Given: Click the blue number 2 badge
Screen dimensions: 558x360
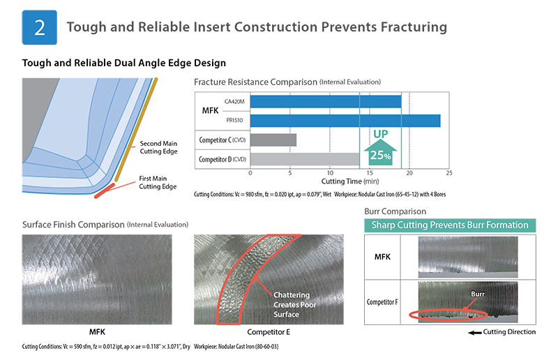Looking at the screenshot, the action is tap(40, 27).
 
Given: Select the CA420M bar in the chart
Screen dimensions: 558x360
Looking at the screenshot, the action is tap(326, 101).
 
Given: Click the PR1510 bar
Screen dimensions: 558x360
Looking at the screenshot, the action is tap(345, 121).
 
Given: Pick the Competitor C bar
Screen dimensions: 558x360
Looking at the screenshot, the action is tap(273, 140).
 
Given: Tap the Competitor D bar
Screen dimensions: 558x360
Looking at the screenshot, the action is tap(305, 159).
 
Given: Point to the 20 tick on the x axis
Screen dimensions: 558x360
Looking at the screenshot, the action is tap(409, 173).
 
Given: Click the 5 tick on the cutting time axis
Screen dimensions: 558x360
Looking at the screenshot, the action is tap(290, 173).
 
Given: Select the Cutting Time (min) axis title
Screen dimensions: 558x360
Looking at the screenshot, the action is tap(350, 181).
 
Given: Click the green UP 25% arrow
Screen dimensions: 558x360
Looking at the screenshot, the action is tap(380, 151).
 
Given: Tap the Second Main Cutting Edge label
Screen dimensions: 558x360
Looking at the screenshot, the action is tap(158, 147).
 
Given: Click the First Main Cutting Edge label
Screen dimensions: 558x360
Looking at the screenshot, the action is tap(158, 182).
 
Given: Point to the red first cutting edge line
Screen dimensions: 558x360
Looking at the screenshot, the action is tap(104, 191).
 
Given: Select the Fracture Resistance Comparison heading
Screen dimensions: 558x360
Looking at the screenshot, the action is tap(287, 82).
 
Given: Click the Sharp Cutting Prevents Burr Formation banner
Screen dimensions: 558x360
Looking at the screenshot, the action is tap(450, 225).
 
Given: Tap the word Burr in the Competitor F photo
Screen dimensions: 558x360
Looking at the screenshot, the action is tap(478, 294).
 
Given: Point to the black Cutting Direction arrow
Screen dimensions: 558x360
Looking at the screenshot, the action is tap(475, 333).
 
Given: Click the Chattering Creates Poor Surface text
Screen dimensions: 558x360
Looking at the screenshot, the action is tap(295, 305).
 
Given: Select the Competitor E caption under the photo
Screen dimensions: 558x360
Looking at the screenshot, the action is tap(269, 332).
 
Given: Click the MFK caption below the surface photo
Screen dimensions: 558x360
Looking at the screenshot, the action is tap(97, 332).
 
